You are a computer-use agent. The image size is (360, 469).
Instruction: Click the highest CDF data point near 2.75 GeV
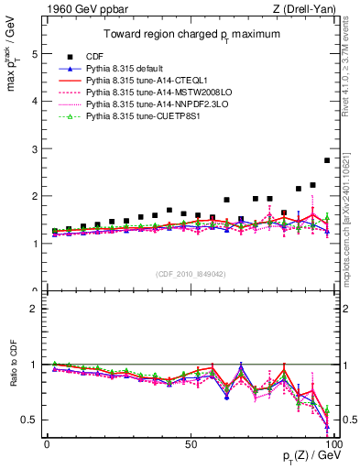pyautogui.click(x=327, y=160)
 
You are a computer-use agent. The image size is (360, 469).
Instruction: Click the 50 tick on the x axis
pyautogui.click(x=190, y=443)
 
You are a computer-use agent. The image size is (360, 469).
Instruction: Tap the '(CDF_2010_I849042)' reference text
pyautogui.click(x=191, y=272)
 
